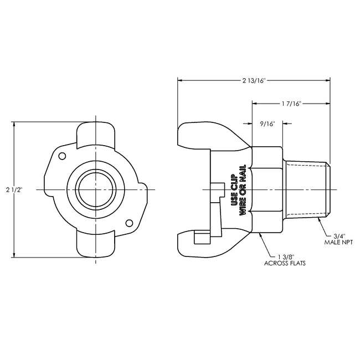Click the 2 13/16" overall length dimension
(254, 80)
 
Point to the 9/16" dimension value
(268, 124)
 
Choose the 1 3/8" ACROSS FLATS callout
(285, 260)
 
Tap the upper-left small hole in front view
(62, 156)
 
